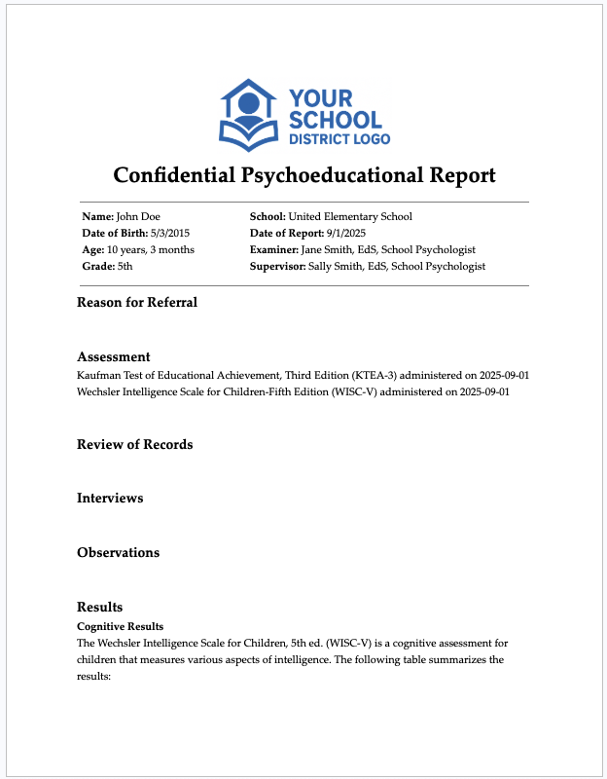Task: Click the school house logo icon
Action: point(249,114)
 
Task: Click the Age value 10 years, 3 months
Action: point(151,249)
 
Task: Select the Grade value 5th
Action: point(125,266)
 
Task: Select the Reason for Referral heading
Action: point(137,302)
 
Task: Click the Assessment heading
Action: point(113,357)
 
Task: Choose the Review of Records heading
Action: point(134,444)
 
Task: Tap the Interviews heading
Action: point(110,498)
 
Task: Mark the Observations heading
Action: point(118,552)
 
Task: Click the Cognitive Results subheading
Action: point(120,625)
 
